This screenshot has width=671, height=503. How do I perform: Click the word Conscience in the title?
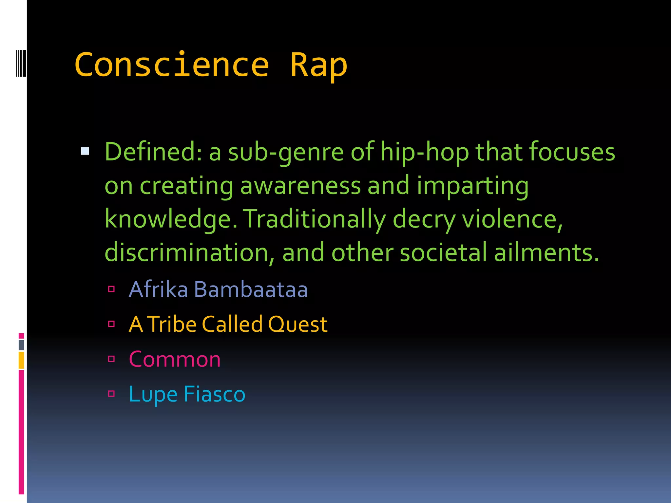[x=172, y=65]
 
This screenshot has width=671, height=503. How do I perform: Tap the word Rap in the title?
[x=318, y=65]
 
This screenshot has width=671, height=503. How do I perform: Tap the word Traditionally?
[x=314, y=219]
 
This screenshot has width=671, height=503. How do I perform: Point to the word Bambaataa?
[x=251, y=289]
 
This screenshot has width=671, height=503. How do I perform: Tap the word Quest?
[x=297, y=324]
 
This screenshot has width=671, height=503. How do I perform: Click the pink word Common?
[x=175, y=359]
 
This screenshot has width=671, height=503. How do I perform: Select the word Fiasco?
[x=214, y=394]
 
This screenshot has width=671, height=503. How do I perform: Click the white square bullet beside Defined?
[x=85, y=151]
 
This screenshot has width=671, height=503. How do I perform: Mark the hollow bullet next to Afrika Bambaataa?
[x=111, y=289]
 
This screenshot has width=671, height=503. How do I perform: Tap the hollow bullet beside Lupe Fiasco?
[x=111, y=393]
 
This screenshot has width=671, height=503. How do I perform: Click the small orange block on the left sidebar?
[x=21, y=360]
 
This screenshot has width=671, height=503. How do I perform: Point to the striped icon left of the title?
[x=21, y=63]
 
